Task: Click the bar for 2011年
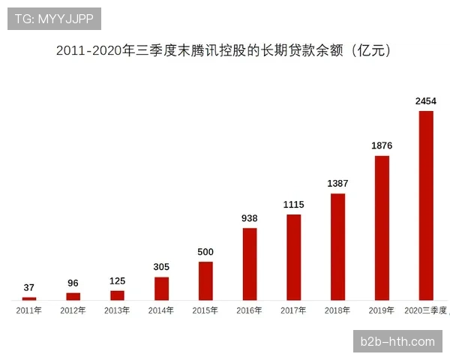(x=29, y=298)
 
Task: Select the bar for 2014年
(x=161, y=289)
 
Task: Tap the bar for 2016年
(x=250, y=264)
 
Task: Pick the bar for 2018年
(x=337, y=247)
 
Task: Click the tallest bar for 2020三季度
(x=426, y=205)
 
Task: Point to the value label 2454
(x=426, y=100)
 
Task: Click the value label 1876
(x=382, y=145)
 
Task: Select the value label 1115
(x=293, y=204)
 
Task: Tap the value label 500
(x=205, y=251)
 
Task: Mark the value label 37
(x=29, y=287)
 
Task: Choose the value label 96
(x=73, y=283)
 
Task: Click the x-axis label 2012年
(x=73, y=310)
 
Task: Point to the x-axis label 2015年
(x=205, y=310)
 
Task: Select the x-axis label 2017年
(x=293, y=310)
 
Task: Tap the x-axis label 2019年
(x=382, y=310)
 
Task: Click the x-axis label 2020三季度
(x=425, y=310)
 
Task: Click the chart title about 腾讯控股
(x=224, y=51)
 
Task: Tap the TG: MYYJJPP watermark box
(x=54, y=19)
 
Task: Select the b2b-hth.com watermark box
(x=397, y=341)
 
